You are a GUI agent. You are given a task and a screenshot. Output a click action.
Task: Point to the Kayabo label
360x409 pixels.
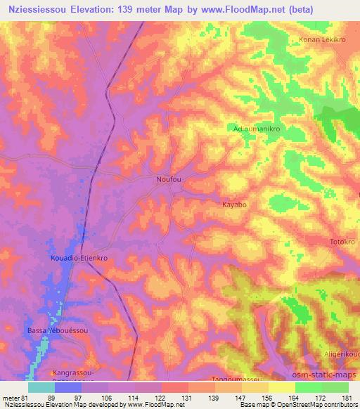234,205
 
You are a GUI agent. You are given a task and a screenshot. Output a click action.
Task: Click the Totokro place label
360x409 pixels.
342,242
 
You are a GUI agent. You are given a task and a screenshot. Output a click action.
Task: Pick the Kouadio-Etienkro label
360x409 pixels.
79,259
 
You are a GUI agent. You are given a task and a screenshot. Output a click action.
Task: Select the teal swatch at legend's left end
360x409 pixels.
41,387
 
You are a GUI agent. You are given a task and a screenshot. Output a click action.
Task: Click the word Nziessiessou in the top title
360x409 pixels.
41,8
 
